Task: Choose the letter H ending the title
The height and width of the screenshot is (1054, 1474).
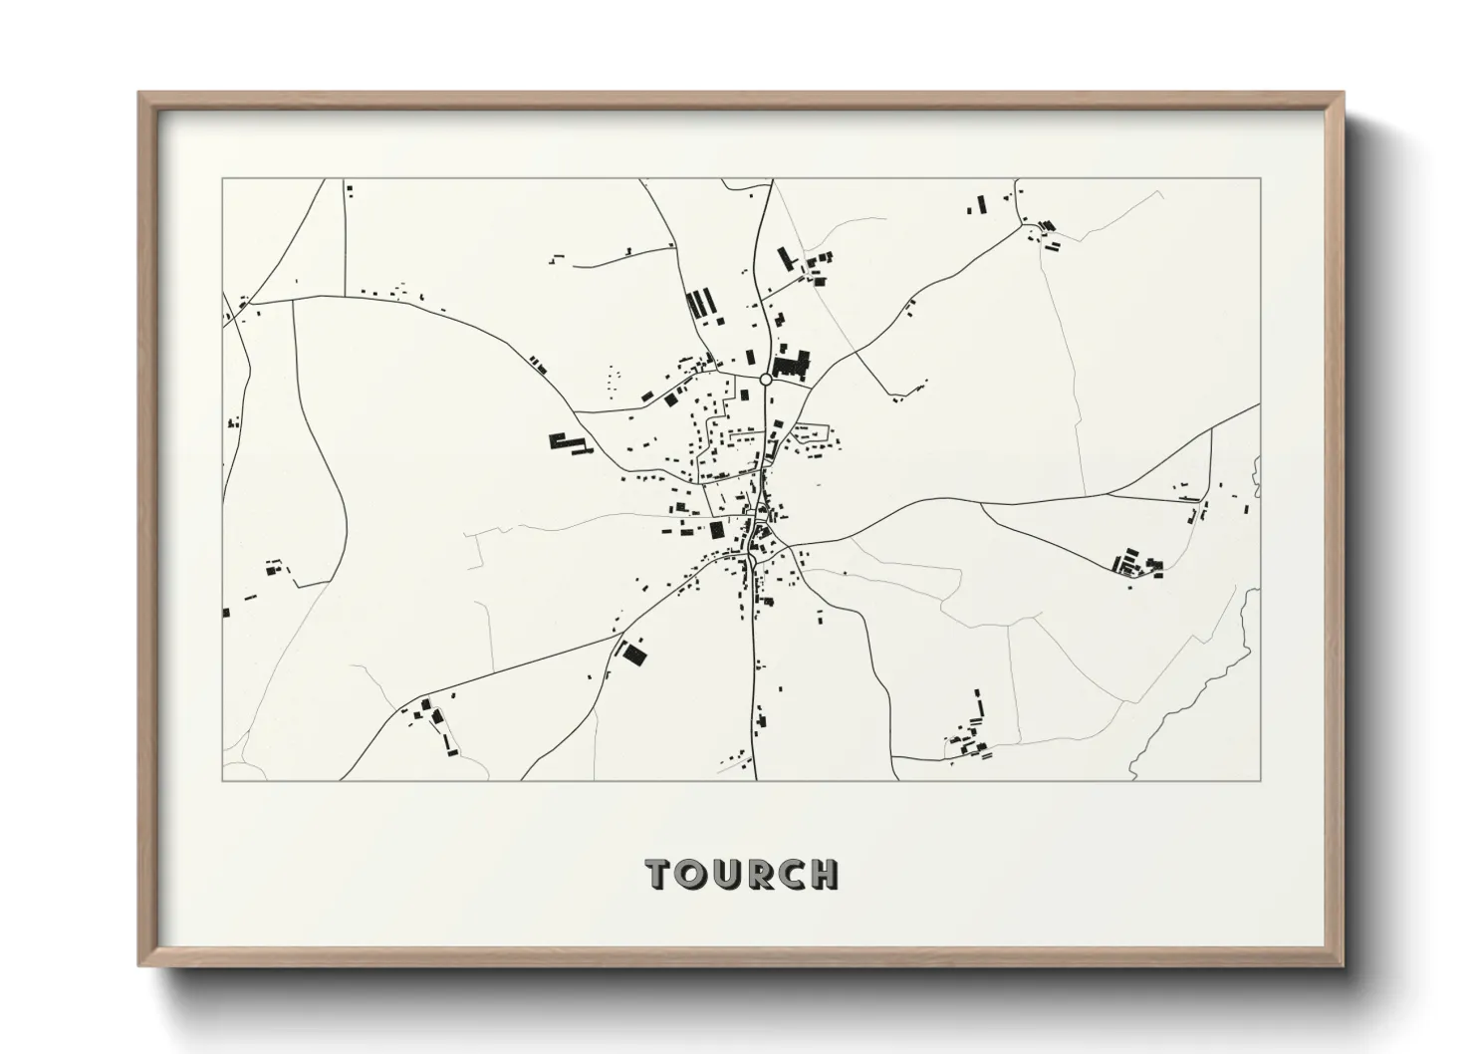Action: coord(824,874)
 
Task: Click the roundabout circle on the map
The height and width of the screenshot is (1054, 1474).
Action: coord(765,379)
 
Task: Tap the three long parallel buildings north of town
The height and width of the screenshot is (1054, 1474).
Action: coord(702,302)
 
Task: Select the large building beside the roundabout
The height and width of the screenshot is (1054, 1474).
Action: coord(792,364)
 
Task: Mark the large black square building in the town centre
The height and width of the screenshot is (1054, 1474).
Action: coord(716,529)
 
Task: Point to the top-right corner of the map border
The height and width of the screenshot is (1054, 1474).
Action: coord(1260,179)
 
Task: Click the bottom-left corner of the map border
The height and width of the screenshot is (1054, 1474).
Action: coord(222,780)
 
